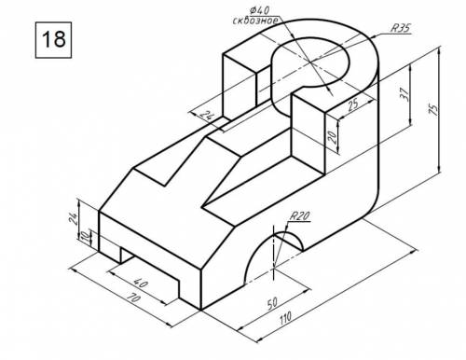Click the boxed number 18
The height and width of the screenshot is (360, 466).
point(53,39)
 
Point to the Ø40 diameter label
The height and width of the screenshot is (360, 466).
point(259,10)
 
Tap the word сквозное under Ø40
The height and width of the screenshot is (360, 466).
point(255,21)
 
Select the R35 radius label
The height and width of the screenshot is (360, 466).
point(400,28)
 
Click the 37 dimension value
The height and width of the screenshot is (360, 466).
point(404,94)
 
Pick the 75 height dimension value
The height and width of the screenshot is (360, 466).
point(433,109)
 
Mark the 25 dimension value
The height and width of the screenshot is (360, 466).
point(352,104)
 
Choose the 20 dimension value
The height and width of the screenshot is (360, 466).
point(332,137)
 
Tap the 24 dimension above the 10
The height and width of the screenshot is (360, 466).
point(74,218)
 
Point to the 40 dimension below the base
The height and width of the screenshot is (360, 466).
point(141,283)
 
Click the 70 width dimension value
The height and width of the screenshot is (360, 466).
point(133,299)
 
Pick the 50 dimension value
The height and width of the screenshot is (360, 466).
point(272,303)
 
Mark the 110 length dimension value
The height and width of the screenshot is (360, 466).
point(285,318)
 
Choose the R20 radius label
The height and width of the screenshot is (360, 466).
point(299,215)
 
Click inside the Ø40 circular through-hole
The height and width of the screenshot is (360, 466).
point(310,62)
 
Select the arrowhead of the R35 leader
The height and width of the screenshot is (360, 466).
point(374,35)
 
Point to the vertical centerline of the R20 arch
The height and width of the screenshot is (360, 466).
point(274,253)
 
